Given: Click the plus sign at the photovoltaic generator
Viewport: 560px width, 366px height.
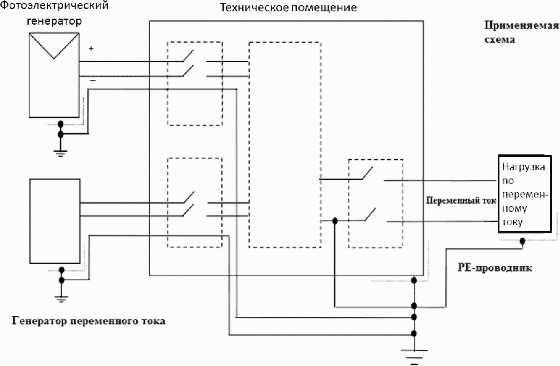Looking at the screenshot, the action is (x=91, y=48).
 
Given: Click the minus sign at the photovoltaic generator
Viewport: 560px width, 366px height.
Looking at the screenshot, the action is (x=93, y=80).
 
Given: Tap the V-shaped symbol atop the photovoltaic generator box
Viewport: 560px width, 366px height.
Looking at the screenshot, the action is (x=54, y=46).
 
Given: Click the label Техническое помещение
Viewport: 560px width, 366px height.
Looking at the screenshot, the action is (x=288, y=8).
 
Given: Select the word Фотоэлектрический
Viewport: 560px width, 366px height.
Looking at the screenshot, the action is (x=54, y=5).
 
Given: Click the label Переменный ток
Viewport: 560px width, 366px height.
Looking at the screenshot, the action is (x=461, y=200).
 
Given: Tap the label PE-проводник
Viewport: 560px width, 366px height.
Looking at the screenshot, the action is (x=495, y=267).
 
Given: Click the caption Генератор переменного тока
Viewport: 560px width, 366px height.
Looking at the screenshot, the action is (x=88, y=321).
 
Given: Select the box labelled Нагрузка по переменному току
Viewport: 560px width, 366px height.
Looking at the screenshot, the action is (x=525, y=194).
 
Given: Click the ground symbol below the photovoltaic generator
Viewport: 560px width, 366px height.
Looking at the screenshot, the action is (x=60, y=153).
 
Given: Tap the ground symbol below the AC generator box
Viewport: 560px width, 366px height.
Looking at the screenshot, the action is (x=61, y=299).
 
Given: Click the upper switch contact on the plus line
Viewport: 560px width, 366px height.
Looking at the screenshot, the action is (x=188, y=55).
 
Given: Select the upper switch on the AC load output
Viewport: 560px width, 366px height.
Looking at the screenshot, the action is (x=367, y=173).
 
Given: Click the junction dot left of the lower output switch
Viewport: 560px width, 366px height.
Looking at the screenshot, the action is (x=335, y=221).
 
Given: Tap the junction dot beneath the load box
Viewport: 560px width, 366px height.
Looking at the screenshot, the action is (x=522, y=241).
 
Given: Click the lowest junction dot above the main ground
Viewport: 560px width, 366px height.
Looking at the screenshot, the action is (x=414, y=333).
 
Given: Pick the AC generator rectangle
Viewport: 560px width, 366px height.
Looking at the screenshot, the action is (x=55, y=221).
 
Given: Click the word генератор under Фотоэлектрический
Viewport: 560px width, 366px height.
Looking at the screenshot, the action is (x=54, y=21).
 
